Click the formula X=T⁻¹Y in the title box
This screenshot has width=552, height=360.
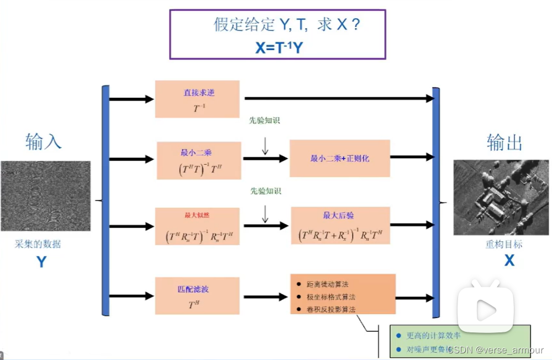279,47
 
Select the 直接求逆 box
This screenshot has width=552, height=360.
198,99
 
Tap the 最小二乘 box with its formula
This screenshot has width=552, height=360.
199,160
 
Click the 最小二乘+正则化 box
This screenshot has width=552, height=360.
340,158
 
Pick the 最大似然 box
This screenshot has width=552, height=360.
198,226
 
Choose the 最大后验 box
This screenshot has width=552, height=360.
340,226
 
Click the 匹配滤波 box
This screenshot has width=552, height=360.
198,295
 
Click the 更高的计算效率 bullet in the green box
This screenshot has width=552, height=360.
433,335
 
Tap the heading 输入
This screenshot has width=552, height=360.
43,141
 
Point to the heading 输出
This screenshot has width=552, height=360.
504,142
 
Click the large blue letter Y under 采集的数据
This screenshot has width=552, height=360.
41,262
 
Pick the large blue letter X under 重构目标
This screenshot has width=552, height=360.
509,260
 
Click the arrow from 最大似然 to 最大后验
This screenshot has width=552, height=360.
266,225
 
